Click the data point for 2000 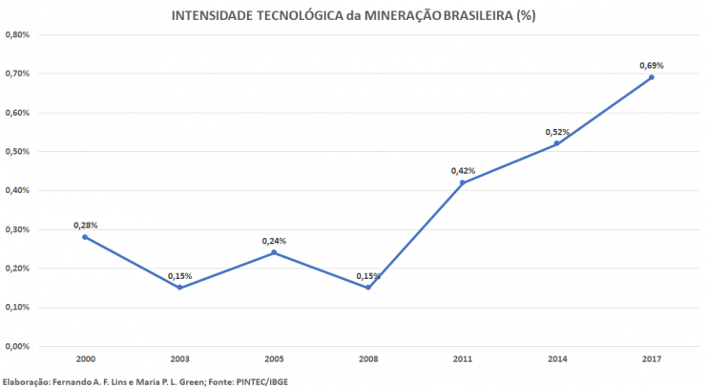coord(85,237)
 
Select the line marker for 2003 coord(179,288)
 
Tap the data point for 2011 coord(463,183)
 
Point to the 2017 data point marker coord(652,77)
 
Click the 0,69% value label coord(651,66)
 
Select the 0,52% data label coord(557,132)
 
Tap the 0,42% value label coord(463,171)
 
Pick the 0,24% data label coord(274,241)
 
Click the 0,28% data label coord(85,226)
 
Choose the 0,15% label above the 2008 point coord(368,276)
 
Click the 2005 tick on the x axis coord(274,359)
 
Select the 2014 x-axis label coord(557,359)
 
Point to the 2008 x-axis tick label coord(368,359)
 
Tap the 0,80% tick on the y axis coord(18,34)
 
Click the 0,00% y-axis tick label coord(18,347)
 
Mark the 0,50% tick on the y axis coord(18,152)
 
